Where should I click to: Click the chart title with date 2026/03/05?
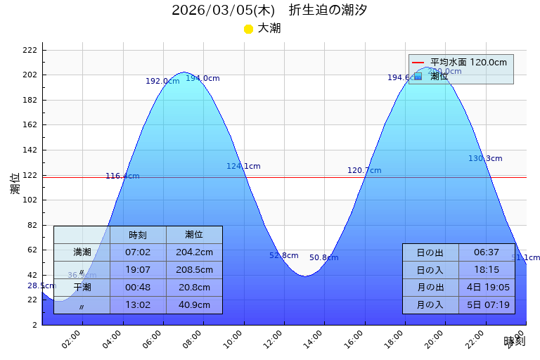pos(269,11)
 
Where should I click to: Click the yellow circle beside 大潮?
pos(248,29)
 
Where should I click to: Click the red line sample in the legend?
pos(418,63)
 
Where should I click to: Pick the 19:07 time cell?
pos(138,270)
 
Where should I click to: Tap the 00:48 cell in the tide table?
pos(138,288)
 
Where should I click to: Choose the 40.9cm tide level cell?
pos(194,305)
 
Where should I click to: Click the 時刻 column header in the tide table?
pos(138,235)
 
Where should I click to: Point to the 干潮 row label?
pos(82,288)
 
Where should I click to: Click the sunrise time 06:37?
pos(487,252)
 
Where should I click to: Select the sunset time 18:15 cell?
pos(487,270)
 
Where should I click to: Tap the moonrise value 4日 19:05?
pos(487,288)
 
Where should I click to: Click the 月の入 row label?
pos(430,305)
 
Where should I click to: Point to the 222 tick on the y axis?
pos(30,50)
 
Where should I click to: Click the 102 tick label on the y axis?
pos(30,200)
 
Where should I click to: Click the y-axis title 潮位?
pos(15,184)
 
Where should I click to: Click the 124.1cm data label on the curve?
pos(243,167)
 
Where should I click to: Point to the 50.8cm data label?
pos(323,258)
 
